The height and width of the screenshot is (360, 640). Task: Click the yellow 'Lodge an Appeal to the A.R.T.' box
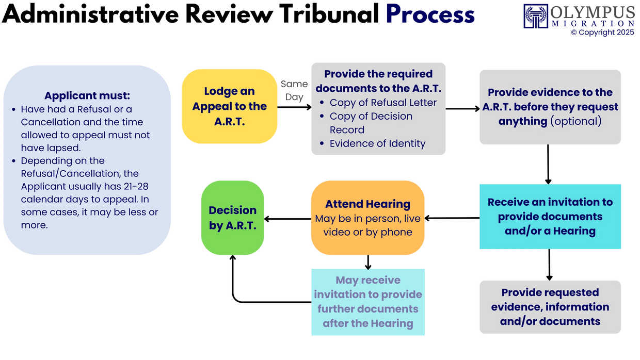tap(229, 106)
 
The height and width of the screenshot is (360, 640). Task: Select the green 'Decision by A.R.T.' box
tap(233, 218)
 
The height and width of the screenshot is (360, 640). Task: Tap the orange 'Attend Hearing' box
tap(367, 217)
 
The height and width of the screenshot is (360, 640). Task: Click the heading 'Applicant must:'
tap(87, 95)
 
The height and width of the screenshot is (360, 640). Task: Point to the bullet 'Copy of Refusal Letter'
tap(383, 103)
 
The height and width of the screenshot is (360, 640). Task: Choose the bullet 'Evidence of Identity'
tap(377, 143)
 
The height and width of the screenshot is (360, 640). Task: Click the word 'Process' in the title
tap(430, 14)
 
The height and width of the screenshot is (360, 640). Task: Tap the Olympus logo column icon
tap(535, 15)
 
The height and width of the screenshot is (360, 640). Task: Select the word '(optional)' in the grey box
tap(576, 121)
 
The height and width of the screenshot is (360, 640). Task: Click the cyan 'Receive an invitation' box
tap(550, 216)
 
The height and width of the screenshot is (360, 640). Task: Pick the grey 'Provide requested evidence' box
tap(550, 307)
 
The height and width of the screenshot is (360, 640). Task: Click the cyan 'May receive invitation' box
tap(368, 302)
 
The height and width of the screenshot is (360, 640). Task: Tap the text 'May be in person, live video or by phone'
tap(367, 225)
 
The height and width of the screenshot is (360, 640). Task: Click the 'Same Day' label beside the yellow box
tap(294, 91)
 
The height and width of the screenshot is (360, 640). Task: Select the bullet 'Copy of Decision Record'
tap(371, 123)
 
